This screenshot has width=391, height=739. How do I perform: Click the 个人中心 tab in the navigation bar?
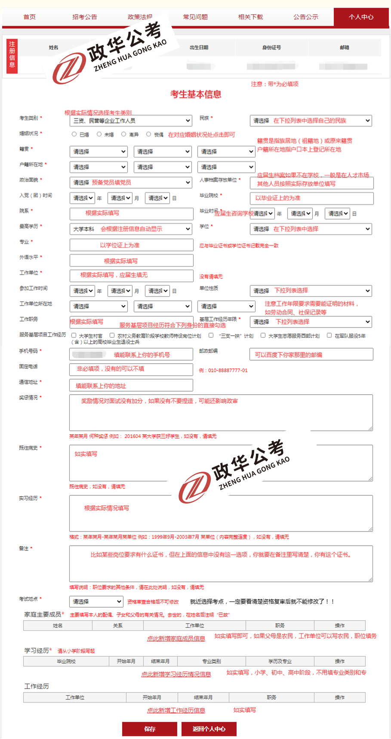[x=361, y=17]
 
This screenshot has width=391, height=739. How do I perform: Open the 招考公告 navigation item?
[x=85, y=17]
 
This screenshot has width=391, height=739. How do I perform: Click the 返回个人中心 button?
[x=209, y=729]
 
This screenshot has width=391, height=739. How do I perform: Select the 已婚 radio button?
[x=74, y=134]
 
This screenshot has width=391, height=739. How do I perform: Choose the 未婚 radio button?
[x=99, y=134]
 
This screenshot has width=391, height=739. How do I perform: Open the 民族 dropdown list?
[x=311, y=121]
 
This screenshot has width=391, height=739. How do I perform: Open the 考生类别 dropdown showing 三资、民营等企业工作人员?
[x=131, y=121]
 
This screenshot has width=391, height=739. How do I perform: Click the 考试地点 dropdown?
[x=96, y=601]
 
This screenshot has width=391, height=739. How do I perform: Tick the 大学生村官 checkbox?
[x=74, y=335]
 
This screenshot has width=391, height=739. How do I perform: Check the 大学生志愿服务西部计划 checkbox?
[x=263, y=335]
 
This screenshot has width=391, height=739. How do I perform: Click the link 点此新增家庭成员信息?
[x=176, y=638]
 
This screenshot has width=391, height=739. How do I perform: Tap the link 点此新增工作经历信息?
[x=176, y=710]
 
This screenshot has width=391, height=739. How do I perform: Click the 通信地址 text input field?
[x=131, y=386]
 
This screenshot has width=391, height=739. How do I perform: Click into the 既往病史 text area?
[x=221, y=463]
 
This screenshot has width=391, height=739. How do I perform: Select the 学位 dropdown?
[x=311, y=229]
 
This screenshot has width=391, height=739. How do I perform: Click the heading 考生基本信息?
[x=196, y=94]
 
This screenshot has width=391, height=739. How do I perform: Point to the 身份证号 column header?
[x=271, y=47]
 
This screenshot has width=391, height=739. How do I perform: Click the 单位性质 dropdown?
[x=311, y=291]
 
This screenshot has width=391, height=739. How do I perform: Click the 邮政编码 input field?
[x=311, y=355]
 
